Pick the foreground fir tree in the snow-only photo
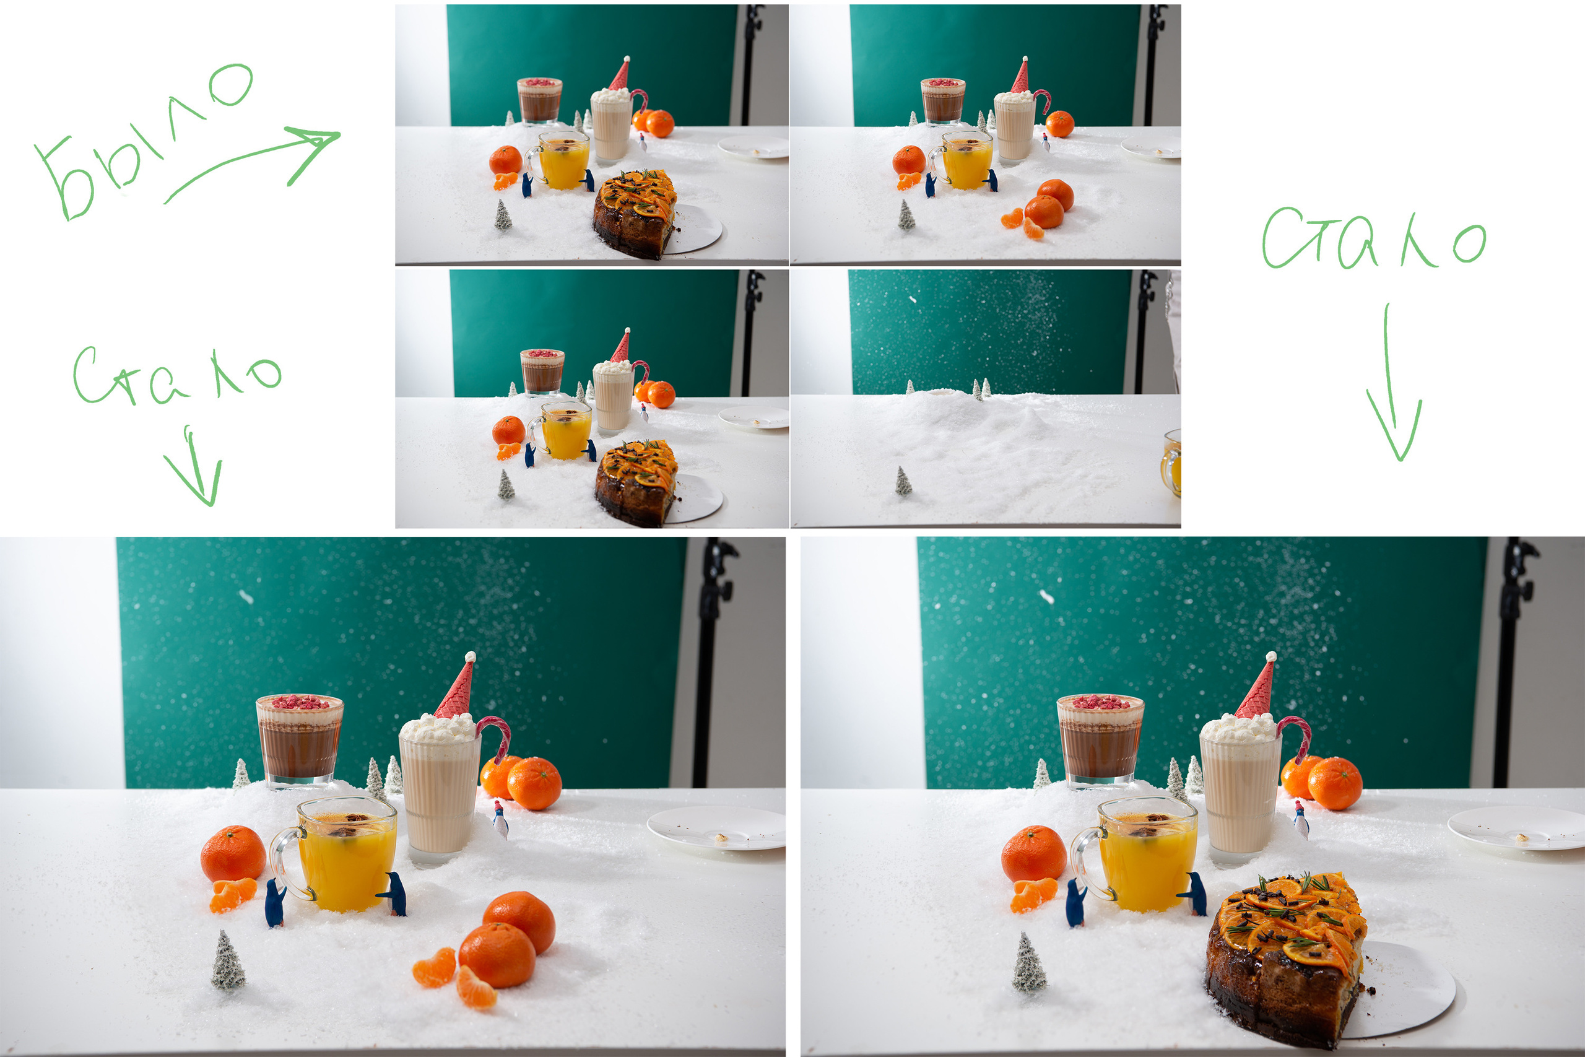tap(903, 481)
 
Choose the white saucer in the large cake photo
tap(1516, 828)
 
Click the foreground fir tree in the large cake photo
tap(1029, 963)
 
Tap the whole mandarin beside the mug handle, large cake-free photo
tap(233, 853)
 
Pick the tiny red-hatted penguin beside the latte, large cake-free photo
tap(500, 819)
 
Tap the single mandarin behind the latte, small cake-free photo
tap(1059, 124)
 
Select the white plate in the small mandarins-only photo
tap(1151, 147)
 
